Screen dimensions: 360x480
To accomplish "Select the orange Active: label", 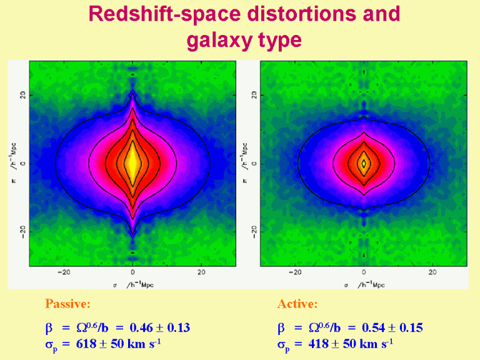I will [297, 304].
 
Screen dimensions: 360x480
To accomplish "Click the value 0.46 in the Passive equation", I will [141, 327].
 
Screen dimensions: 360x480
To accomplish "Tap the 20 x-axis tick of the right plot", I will [432, 273].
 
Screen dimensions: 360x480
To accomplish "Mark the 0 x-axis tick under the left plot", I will [132, 273].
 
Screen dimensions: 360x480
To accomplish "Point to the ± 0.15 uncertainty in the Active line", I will [407, 327].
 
